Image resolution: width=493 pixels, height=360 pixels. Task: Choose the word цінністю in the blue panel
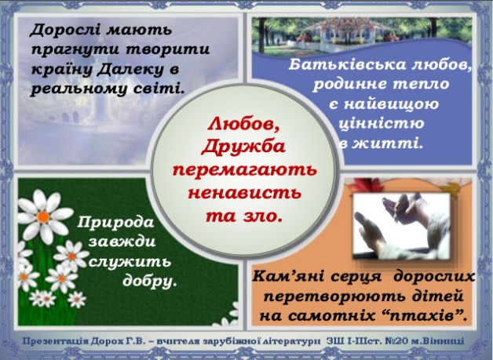(x=380, y=123)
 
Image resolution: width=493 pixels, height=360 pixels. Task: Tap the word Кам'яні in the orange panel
(x=285, y=278)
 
